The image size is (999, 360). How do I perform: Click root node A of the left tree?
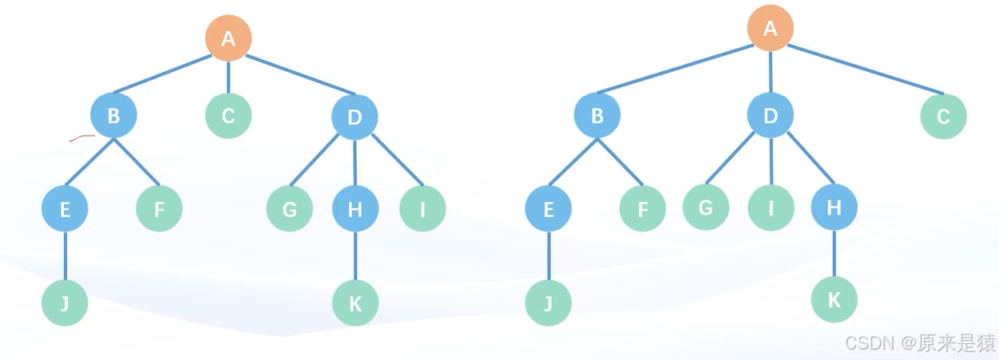pyautogui.click(x=228, y=38)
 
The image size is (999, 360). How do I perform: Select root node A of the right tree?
pyautogui.click(x=770, y=29)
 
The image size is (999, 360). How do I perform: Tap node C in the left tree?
pyautogui.click(x=228, y=116)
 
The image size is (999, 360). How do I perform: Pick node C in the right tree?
pyautogui.click(x=943, y=117)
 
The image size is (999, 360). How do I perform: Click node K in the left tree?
pyautogui.click(x=355, y=303)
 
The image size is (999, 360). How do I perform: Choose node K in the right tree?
pyautogui.click(x=834, y=299)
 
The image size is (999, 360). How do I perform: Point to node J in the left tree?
pyautogui.click(x=65, y=303)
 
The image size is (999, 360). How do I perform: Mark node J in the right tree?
pyautogui.click(x=548, y=303)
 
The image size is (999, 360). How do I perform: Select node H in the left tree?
pyautogui.click(x=355, y=209)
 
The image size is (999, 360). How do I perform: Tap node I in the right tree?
pyautogui.click(x=771, y=208)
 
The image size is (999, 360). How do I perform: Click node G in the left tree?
pyautogui.click(x=289, y=209)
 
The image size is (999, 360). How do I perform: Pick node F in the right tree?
pyautogui.click(x=642, y=209)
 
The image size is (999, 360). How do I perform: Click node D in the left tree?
pyautogui.click(x=355, y=117)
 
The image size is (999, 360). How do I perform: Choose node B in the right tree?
pyautogui.click(x=597, y=116)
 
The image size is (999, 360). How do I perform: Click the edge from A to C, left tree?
pyautogui.click(x=228, y=77)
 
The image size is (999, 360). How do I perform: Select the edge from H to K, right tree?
pyautogui.click(x=834, y=254)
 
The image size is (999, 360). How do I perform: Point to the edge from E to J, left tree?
pyautogui.click(x=65, y=256)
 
